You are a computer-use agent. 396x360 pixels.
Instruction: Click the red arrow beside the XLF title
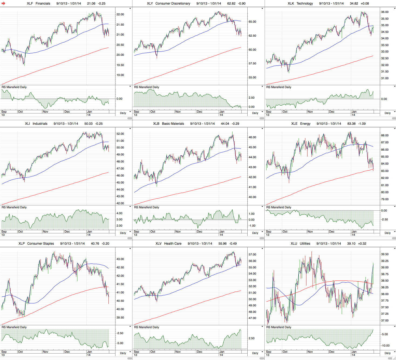[4, 4]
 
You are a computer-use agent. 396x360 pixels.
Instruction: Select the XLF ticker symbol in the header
[30, 4]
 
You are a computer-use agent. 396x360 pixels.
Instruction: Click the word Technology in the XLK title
[305, 4]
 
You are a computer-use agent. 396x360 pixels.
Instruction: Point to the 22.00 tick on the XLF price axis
[120, 15]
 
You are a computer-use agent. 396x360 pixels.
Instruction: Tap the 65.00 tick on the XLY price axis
[252, 22]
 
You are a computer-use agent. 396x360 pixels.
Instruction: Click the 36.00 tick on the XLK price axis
[385, 12]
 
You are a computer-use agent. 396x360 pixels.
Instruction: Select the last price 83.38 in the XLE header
[351, 124]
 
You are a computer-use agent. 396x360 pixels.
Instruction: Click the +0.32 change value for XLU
[362, 244]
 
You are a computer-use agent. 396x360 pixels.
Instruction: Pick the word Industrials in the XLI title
[40, 124]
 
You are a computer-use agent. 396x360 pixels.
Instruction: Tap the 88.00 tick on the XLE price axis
[385, 136]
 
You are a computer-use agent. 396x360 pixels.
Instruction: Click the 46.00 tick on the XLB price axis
[252, 137]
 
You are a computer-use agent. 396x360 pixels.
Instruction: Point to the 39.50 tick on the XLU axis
[385, 254]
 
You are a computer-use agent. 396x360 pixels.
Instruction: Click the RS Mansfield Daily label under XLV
[146, 327]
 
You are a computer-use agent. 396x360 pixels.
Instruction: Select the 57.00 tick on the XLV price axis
[252, 255]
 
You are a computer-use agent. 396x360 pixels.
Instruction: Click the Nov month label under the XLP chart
[45, 352]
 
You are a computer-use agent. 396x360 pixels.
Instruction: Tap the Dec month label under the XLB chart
[199, 231]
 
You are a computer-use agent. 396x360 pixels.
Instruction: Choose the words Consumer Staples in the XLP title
[40, 244]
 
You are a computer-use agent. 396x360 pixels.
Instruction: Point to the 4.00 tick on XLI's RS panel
[119, 213]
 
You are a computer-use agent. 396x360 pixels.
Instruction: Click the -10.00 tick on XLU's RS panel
[385, 346]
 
